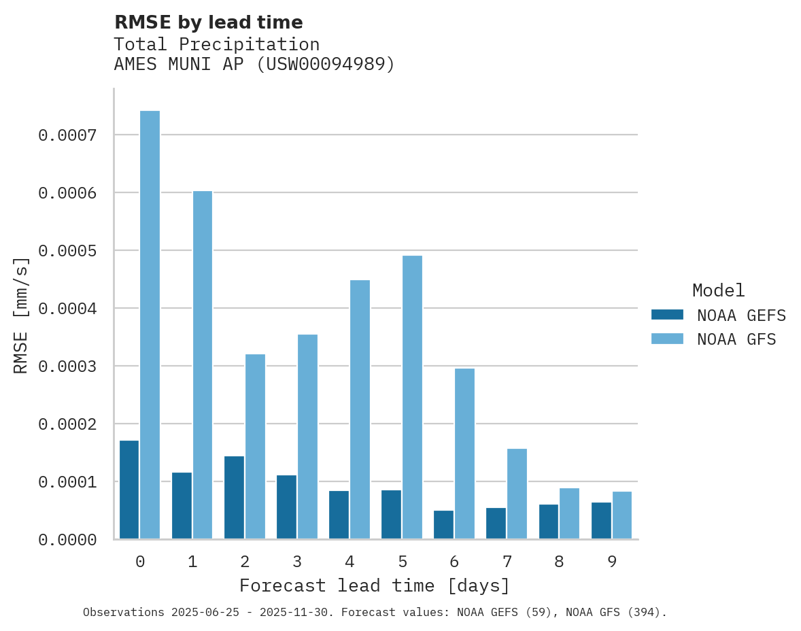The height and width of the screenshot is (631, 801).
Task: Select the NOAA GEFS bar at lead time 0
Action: pyautogui.click(x=129, y=490)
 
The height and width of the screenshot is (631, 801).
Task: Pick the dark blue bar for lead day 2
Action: pyautogui.click(x=234, y=497)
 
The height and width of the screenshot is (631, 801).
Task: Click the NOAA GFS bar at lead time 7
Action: pyautogui.click(x=517, y=494)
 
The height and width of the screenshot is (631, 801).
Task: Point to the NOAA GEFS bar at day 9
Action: pyautogui.click(x=601, y=520)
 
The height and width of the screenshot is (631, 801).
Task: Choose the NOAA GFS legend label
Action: pyautogui.click(x=736, y=339)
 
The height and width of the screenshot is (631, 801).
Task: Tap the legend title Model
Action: pyautogui.click(x=718, y=290)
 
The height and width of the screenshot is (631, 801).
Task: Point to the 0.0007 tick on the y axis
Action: pyautogui.click(x=67, y=135)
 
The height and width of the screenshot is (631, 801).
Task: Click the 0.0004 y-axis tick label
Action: pyautogui.click(x=67, y=309)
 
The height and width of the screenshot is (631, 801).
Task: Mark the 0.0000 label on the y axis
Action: pyautogui.click(x=67, y=540)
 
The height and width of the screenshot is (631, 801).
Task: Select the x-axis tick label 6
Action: pyautogui.click(x=454, y=562)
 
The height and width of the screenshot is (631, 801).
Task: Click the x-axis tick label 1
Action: pyautogui.click(x=192, y=562)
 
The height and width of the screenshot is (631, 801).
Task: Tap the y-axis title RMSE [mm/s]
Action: pyautogui.click(x=22, y=315)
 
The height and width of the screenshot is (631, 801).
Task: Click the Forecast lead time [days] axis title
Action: pyautogui.click(x=375, y=585)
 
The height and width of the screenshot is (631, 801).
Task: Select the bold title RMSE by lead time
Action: pyautogui.click(x=209, y=22)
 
